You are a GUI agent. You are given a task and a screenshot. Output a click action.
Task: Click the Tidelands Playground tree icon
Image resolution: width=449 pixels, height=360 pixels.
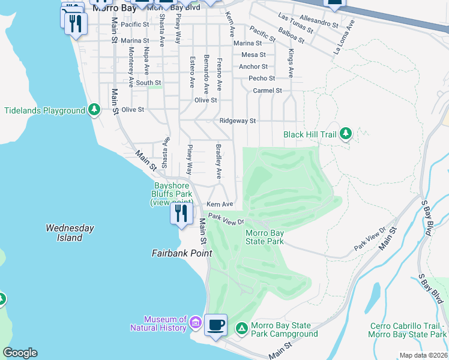[94, 110]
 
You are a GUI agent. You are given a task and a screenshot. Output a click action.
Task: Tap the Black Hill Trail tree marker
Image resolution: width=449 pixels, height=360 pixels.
[345, 134]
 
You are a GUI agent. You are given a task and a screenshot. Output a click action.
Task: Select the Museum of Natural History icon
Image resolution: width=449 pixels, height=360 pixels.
[195, 323]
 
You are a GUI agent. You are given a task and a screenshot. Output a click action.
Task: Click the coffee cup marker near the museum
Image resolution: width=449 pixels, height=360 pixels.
[216, 325]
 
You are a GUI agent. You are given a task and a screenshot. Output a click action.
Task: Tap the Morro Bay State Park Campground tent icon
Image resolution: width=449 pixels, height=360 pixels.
[241, 328]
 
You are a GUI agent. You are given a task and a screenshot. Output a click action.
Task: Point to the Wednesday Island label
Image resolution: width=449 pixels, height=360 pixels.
[70, 233]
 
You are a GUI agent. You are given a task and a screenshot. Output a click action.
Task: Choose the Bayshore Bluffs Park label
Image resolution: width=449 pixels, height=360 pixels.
[173, 194]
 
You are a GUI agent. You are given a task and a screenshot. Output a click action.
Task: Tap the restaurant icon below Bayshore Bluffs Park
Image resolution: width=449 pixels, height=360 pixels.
[181, 213]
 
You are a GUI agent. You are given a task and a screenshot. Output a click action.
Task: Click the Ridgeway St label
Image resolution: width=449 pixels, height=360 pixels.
[238, 121]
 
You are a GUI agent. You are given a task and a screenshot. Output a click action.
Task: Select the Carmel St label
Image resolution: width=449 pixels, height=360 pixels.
[267, 91]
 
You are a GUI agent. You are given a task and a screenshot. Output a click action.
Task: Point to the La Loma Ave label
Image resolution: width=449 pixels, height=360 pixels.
[345, 38]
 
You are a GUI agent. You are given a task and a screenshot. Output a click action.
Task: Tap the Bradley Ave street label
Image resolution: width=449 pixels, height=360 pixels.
[218, 160]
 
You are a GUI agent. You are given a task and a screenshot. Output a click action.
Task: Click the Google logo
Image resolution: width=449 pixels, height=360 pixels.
[20, 353]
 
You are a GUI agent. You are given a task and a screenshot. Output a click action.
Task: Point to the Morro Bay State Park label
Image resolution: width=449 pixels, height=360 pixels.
[264, 237]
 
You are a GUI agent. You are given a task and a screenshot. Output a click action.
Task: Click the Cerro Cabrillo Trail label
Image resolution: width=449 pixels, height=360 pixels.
[408, 330]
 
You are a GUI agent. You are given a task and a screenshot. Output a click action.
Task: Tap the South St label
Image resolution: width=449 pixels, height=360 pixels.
[148, 83]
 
